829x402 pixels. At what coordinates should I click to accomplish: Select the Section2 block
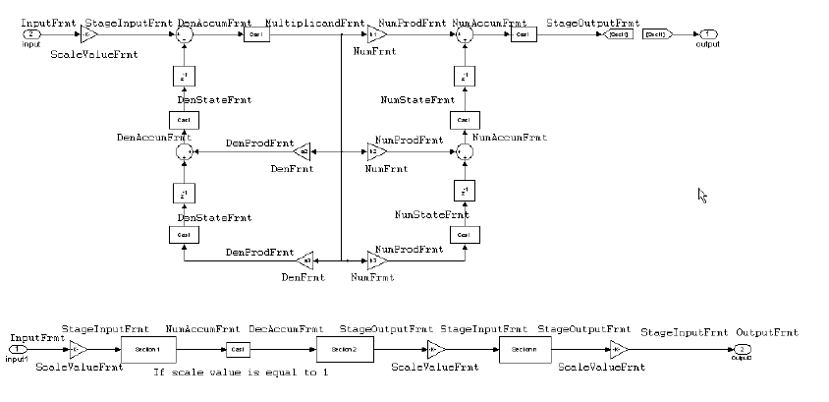[343, 349]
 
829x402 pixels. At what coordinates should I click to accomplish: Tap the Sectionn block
[525, 349]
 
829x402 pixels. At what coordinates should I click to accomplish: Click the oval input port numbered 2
[31, 33]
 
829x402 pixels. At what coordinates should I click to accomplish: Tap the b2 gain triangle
[376, 152]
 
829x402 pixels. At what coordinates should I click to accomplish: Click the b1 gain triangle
[376, 33]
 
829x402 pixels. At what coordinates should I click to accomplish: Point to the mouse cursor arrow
[702, 195]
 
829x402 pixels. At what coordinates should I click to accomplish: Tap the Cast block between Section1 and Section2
[238, 349]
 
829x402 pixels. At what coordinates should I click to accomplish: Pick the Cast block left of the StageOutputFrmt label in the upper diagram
[522, 33]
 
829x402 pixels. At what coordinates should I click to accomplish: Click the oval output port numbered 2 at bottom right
[745, 349]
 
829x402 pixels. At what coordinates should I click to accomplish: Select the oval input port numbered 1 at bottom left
[17, 349]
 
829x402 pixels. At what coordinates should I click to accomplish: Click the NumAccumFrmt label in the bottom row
[203, 330]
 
